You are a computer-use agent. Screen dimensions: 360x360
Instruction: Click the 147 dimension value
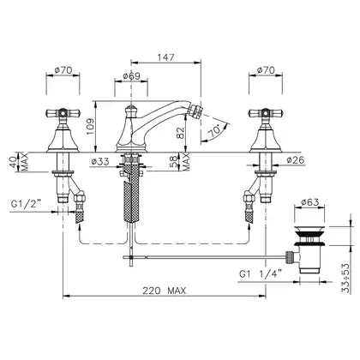165,57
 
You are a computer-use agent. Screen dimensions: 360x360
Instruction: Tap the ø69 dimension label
131,76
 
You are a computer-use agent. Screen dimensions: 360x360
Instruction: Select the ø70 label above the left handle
63,70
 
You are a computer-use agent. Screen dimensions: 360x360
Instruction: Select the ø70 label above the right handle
266,70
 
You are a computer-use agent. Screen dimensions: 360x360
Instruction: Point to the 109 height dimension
90,127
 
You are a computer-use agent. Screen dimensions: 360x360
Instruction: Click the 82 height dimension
181,132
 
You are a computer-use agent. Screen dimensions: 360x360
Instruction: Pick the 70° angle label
214,131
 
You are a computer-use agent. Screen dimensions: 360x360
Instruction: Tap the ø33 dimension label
100,162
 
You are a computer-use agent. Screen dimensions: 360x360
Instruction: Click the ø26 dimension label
296,160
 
